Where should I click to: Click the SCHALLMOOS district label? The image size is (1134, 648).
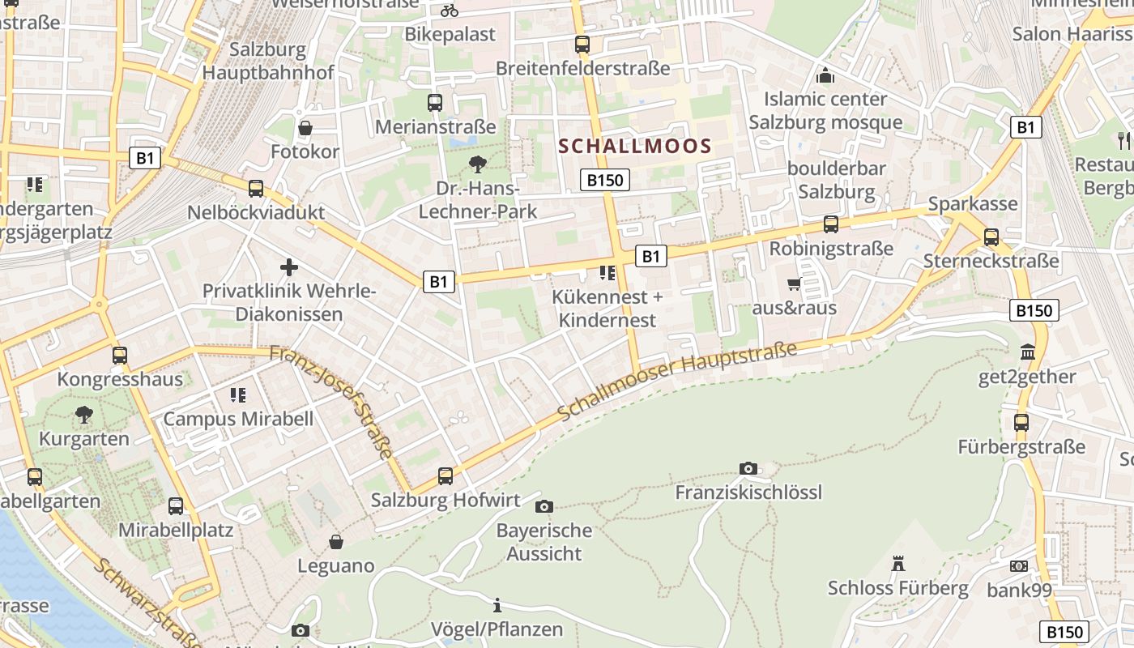635,147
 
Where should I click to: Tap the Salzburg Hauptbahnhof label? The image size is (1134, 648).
267,61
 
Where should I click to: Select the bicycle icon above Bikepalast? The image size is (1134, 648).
450,11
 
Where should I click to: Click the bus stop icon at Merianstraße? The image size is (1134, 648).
435,103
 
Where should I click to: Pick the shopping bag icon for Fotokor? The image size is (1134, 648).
305,128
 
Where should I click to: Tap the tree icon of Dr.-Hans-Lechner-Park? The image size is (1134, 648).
478,164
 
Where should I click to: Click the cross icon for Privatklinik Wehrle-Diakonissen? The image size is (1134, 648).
289,267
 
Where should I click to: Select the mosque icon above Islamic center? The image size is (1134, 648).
825,75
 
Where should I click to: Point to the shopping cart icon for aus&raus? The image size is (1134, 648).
794,283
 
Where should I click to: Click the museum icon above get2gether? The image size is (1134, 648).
1028,352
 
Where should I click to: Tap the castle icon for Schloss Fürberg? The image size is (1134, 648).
897,563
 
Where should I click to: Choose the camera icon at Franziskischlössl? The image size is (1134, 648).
748,468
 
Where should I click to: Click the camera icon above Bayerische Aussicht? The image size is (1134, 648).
544,507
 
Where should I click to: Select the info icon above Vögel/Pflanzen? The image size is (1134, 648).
497,605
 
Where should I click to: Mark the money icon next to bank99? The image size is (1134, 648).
1019,566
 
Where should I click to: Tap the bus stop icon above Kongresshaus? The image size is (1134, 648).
120,355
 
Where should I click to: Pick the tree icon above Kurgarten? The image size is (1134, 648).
83,416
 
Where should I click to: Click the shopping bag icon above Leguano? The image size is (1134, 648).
336,542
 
